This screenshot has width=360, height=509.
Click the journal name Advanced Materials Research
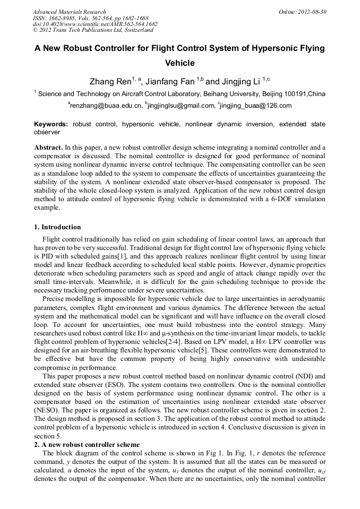pyautogui.click(x=69, y=12)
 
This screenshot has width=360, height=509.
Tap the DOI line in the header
pyautogui.click(x=95, y=24)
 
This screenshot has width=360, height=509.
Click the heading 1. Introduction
pyautogui.click(x=57, y=227)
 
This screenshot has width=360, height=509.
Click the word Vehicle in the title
pyautogui.click(x=180, y=63)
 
